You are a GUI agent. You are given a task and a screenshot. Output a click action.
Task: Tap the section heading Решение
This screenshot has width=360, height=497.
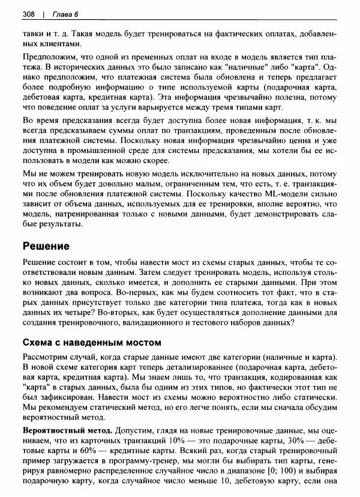pos(46,246)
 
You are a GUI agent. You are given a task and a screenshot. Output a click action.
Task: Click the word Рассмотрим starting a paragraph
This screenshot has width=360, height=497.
pos(46,356)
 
